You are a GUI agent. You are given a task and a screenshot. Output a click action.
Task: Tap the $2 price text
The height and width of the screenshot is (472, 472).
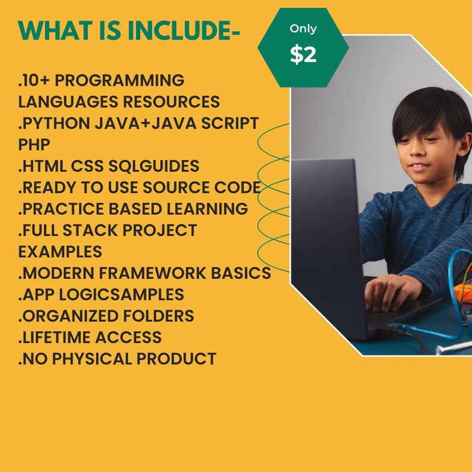pyautogui.click(x=303, y=55)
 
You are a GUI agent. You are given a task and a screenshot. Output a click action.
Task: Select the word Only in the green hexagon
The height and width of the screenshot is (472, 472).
pyautogui.click(x=303, y=29)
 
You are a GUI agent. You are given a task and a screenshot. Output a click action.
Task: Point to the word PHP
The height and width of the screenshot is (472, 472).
pyautogui.click(x=34, y=145)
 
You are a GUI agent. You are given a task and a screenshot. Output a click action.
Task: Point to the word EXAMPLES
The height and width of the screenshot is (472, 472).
pyautogui.click(x=60, y=251)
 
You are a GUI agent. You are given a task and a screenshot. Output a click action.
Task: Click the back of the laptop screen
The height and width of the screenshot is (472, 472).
pyautogui.click(x=324, y=238)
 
